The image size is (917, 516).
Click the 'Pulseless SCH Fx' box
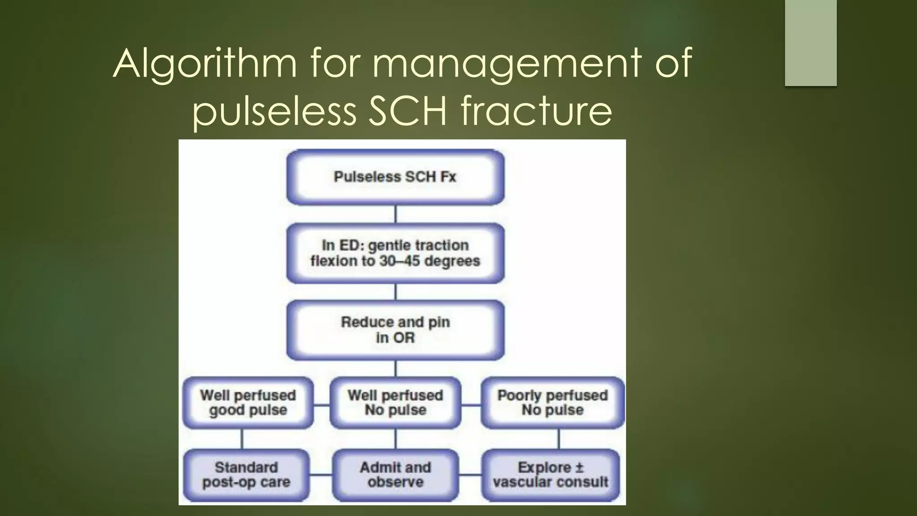pyautogui.click(x=395, y=177)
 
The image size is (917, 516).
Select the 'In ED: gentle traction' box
pyautogui.click(x=395, y=253)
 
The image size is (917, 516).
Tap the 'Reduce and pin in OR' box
pyautogui.click(x=395, y=330)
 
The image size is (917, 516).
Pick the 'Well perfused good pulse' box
pyautogui.click(x=248, y=403)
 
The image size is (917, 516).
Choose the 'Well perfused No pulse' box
pyautogui.click(x=395, y=403)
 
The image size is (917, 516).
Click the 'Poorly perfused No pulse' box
pyautogui.click(x=553, y=403)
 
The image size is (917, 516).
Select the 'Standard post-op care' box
pyautogui.click(x=246, y=475)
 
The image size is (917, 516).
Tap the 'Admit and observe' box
pyautogui.click(x=395, y=475)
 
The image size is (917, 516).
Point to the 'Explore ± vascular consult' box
pyautogui.click(x=551, y=475)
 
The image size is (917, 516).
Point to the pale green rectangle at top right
pyautogui.click(x=810, y=43)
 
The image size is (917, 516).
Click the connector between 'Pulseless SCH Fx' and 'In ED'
pyautogui.click(x=395, y=214)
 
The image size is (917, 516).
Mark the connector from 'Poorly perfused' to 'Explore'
pyautogui.click(x=559, y=439)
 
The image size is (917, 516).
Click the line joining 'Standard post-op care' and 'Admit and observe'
pyautogui.click(x=321, y=475)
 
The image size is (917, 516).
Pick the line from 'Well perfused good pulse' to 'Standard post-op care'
pyautogui.click(x=242, y=439)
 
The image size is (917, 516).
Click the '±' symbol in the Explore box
pyautogui.click(x=579, y=468)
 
